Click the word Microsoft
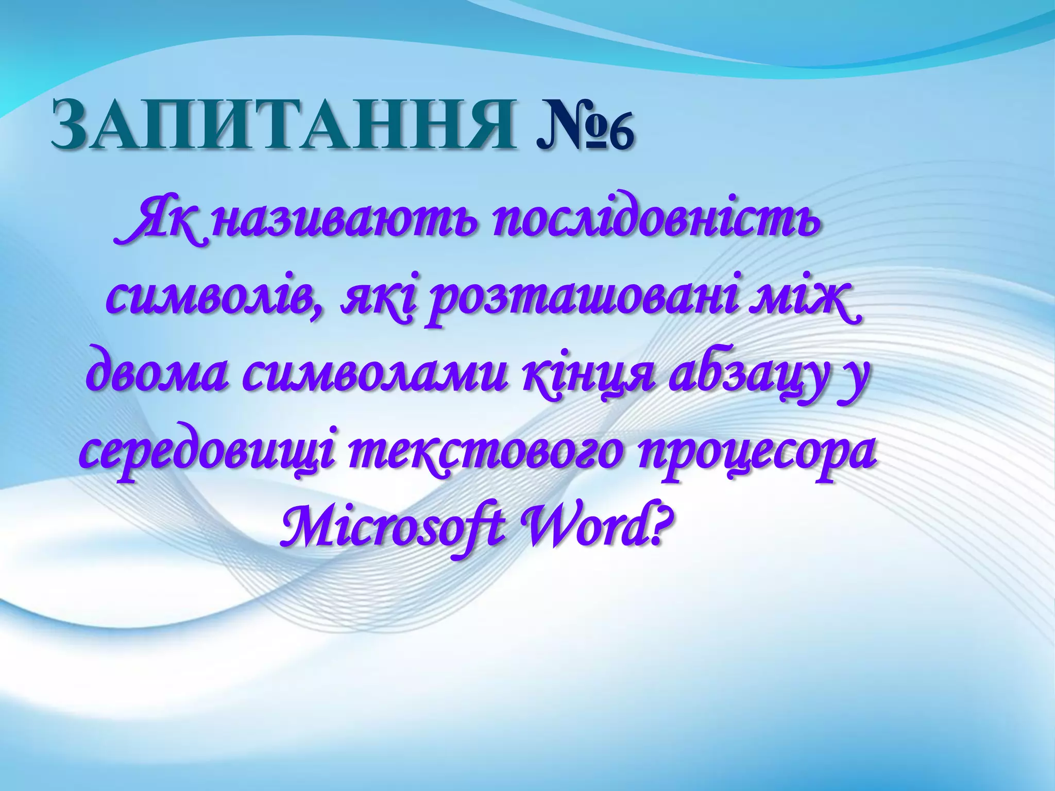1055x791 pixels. (x=392, y=528)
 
